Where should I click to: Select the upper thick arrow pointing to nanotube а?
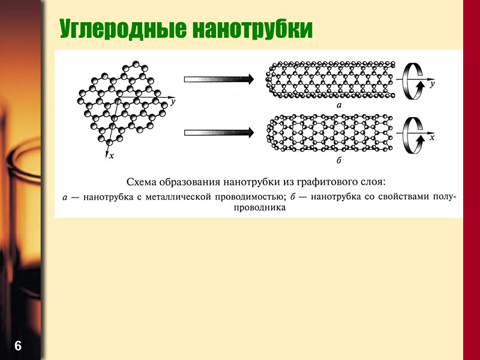click(218, 79)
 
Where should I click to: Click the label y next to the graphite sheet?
click(173, 102)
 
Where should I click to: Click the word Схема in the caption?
click(143, 181)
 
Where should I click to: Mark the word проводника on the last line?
click(259, 208)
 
